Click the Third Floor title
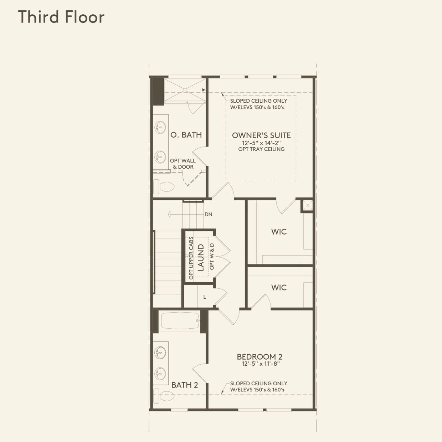tap(61, 17)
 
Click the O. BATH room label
tap(186, 135)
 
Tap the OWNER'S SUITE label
tap(261, 135)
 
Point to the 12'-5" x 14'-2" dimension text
tap(261, 143)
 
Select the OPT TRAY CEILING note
tap(261, 149)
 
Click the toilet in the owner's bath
tap(164, 186)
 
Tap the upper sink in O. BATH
tap(160, 127)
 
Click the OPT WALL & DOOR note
tap(183, 164)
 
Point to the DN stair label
tap(209, 214)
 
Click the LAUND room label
tap(201, 257)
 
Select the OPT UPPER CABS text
tap(191, 258)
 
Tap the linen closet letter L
tap(205, 297)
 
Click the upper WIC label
tap(279, 232)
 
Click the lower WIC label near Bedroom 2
tap(279, 287)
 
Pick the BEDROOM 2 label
tap(259, 356)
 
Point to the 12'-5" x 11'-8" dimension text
tap(261, 364)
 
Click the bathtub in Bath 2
tap(180, 320)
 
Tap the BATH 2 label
tap(185, 385)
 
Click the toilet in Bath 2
tap(164, 395)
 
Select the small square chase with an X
tap(308, 206)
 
